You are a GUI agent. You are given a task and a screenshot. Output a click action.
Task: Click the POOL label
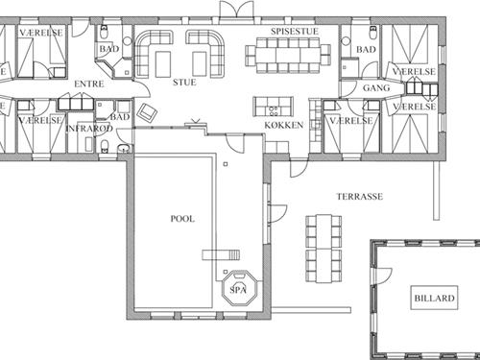click(x=182, y=219)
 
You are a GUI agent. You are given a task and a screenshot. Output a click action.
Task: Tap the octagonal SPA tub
click(x=240, y=288)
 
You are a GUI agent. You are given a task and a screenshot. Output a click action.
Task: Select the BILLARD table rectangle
click(x=434, y=298)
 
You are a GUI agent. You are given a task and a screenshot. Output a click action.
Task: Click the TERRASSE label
click(x=359, y=196)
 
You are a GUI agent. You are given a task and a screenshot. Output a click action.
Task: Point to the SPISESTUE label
click(x=295, y=32)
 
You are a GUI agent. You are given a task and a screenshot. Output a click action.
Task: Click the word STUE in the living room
click(x=184, y=83)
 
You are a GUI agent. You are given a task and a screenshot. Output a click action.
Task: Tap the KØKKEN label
click(x=284, y=125)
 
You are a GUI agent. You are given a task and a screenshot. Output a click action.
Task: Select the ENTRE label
click(x=89, y=84)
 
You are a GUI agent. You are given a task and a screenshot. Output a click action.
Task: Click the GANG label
click(x=376, y=87)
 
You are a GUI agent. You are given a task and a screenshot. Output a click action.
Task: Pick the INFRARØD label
click(x=89, y=129)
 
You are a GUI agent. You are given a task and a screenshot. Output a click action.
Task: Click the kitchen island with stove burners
click(x=273, y=107)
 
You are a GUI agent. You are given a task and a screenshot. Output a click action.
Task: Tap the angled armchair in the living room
click(x=147, y=112)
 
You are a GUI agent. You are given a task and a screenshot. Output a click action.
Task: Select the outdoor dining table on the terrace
click(x=324, y=249)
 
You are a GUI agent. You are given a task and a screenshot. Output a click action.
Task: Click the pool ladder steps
click(x=221, y=255)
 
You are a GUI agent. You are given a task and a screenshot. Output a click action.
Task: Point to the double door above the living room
click(x=236, y=9)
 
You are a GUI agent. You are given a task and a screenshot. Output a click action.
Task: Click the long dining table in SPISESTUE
click(x=288, y=56)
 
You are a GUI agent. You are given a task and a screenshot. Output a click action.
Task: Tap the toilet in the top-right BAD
click(x=373, y=32)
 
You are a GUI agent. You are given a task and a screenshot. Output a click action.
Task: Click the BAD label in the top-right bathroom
click(x=366, y=50)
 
